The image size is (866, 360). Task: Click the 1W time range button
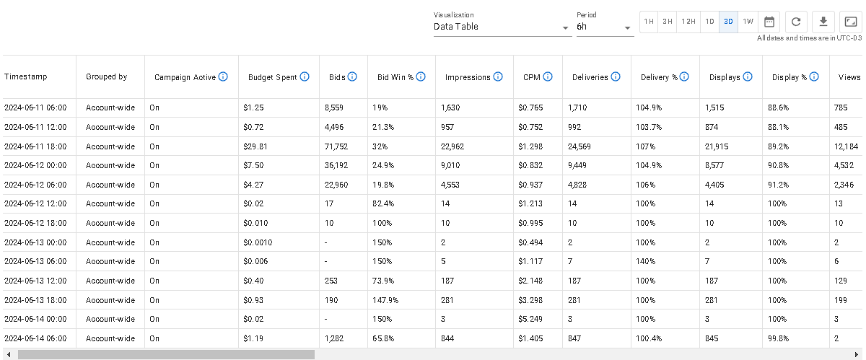coord(748,22)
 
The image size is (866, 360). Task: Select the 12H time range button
coord(688,22)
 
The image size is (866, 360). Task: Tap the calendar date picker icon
coord(769,22)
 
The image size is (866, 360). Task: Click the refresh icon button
coord(796,22)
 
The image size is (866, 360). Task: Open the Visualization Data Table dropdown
coord(502,27)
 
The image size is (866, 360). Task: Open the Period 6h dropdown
coord(604,27)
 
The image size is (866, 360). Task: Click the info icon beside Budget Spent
coord(305,76)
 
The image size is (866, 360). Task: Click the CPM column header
coord(532,77)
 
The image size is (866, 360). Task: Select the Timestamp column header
coord(26,77)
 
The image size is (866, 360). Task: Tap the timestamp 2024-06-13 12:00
coord(35,281)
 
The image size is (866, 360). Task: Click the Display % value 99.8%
coord(779,338)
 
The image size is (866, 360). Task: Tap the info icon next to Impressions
coord(498,76)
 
